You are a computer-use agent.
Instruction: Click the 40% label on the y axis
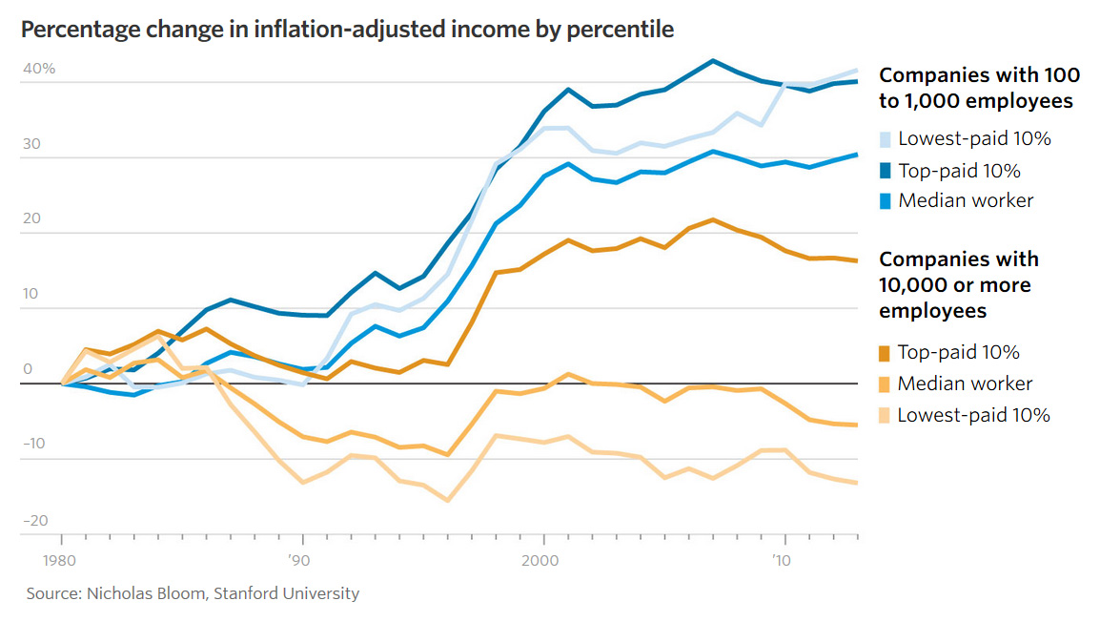click(x=40, y=70)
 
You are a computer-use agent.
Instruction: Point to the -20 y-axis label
click(x=38, y=521)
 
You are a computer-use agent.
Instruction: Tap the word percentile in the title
click(x=624, y=30)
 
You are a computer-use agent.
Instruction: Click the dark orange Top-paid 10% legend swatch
click(x=886, y=353)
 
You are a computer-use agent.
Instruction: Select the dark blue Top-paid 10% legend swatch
click(x=886, y=172)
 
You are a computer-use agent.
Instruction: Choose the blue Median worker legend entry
click(x=966, y=201)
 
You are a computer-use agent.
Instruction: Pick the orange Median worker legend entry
click(x=966, y=384)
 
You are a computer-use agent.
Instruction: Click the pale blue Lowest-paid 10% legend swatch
click(x=886, y=140)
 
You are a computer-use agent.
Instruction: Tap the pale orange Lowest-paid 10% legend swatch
click(x=886, y=416)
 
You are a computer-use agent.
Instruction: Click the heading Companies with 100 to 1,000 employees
click(x=978, y=88)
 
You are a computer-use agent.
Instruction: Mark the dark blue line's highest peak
click(x=712, y=61)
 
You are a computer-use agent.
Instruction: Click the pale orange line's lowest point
click(x=446, y=500)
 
